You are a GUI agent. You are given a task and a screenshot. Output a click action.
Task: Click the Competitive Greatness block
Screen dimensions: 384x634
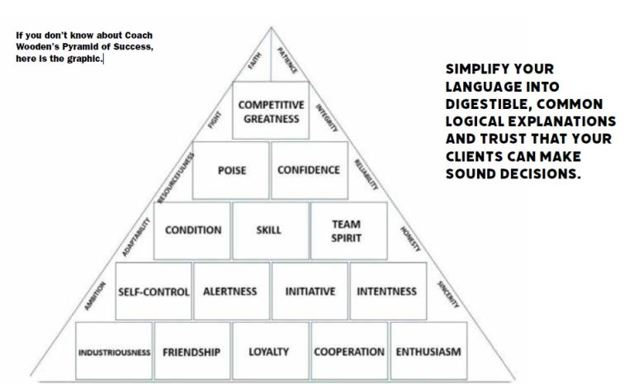click(x=271, y=112)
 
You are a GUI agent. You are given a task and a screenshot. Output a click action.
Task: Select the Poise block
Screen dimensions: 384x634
click(x=231, y=170)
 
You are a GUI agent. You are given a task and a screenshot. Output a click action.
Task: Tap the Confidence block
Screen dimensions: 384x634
click(x=309, y=170)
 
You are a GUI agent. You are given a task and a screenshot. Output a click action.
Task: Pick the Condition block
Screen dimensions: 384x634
click(x=192, y=230)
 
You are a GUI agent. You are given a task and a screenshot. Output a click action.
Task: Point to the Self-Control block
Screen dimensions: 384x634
click(x=154, y=292)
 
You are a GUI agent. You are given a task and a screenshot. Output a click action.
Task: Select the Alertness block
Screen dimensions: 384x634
click(x=230, y=292)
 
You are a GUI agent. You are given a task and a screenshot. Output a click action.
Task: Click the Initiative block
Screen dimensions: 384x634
click(x=310, y=292)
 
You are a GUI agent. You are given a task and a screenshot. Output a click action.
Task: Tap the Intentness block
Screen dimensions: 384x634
click(x=386, y=292)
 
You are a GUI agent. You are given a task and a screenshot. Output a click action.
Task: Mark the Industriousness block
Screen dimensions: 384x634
click(x=115, y=352)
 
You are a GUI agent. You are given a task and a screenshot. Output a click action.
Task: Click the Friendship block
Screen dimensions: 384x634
click(x=192, y=352)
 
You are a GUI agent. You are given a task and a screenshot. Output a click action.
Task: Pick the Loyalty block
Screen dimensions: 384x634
click(x=269, y=352)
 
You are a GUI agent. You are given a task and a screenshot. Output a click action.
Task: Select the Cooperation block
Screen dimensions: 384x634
click(x=348, y=352)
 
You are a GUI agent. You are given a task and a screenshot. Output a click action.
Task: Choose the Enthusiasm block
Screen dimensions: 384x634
click(x=428, y=352)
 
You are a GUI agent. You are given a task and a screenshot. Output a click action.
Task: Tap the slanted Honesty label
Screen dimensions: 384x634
click(x=410, y=238)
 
